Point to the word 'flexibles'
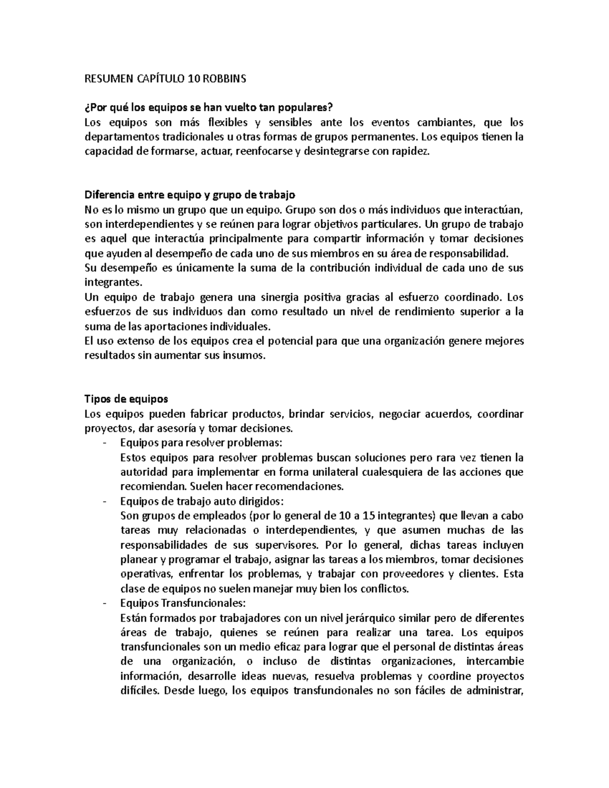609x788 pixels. [228, 122]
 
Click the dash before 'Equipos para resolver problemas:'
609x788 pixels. [105, 443]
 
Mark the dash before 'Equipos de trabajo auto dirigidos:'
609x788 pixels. [105, 501]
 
